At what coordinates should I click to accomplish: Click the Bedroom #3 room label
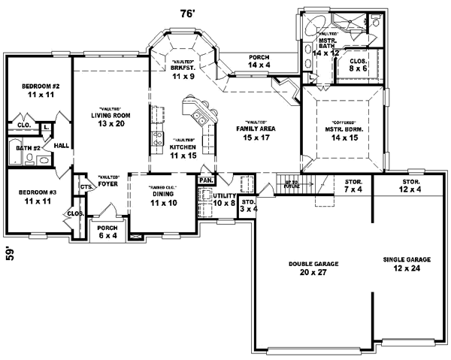click(x=35, y=196)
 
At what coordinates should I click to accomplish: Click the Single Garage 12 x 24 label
click(x=407, y=262)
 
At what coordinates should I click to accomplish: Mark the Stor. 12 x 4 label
click(x=410, y=186)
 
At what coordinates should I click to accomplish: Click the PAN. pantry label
click(x=204, y=181)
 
